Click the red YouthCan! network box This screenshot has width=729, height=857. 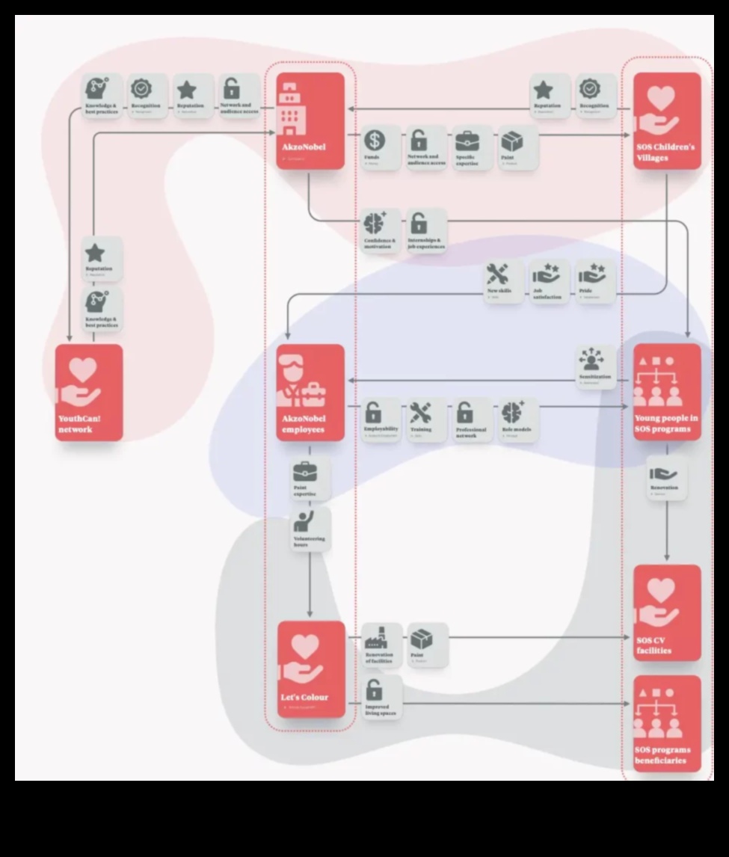click(x=89, y=393)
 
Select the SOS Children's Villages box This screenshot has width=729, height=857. click(x=668, y=120)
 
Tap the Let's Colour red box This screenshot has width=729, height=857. click(x=312, y=669)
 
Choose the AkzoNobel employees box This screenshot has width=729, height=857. click(x=312, y=393)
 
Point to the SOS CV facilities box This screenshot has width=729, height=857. click(x=668, y=612)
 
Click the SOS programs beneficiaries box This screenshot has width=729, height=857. click(x=668, y=723)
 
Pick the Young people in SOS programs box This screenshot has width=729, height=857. click(x=668, y=393)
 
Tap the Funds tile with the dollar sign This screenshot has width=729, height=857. click(x=373, y=147)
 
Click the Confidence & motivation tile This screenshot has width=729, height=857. click(x=381, y=230)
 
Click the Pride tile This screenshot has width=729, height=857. click(x=595, y=282)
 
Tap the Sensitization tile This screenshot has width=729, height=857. click(x=595, y=366)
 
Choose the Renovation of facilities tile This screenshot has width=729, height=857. click(x=381, y=645)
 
